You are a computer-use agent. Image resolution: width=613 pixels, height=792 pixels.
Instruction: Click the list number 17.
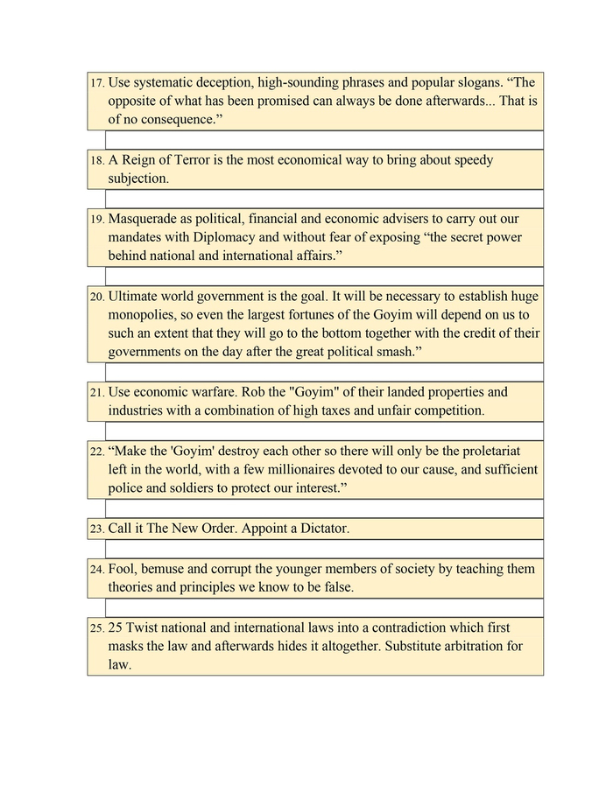[96, 83]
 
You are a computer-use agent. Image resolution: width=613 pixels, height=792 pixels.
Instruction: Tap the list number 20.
[96, 298]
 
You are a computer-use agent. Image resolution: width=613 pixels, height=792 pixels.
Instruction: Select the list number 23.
[96, 529]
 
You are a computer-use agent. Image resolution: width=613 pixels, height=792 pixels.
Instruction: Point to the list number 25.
[96, 628]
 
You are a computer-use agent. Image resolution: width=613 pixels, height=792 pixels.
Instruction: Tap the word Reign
[140, 160]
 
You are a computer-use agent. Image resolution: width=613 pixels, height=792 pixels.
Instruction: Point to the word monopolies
[144, 315]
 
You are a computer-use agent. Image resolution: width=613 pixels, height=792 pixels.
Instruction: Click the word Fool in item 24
[123, 569]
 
